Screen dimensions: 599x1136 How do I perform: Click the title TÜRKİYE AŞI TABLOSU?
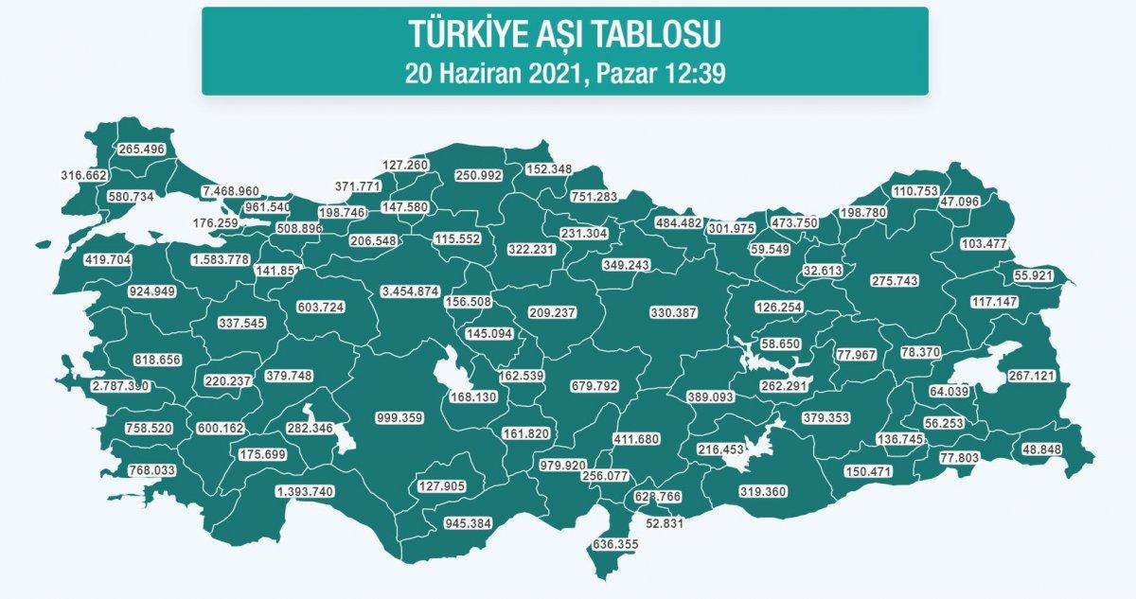click(565, 35)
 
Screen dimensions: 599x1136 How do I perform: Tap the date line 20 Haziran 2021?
click(565, 73)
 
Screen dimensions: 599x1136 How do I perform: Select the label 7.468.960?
click(218, 191)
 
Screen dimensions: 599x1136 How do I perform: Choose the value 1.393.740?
click(306, 491)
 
